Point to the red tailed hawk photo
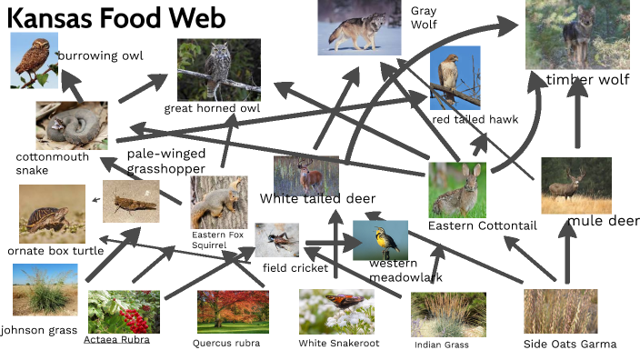pyautogui.click(x=455, y=78)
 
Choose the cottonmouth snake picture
pyautogui.click(x=71, y=125)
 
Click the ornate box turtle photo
pyautogui.click(x=52, y=213)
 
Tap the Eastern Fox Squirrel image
pyautogui.click(x=219, y=201)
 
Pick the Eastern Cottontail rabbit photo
pyautogui.click(x=457, y=189)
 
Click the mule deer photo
pyautogui.click(x=575, y=185)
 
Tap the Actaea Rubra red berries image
pyautogui.click(x=124, y=312)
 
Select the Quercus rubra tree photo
pyautogui.click(x=232, y=312)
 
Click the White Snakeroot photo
pyautogui.click(x=336, y=311)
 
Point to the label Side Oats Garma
pyautogui.click(x=570, y=344)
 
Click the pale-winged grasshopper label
pyautogui.click(x=166, y=160)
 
